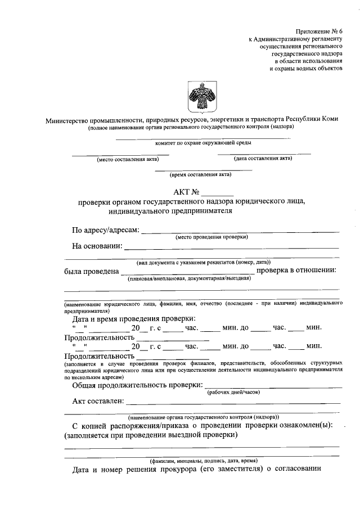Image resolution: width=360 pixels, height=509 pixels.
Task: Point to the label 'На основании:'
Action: click(96, 245)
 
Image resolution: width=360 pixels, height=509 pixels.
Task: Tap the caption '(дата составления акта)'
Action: click(264, 159)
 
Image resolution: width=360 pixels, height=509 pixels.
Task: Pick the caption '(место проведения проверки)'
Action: click(211, 237)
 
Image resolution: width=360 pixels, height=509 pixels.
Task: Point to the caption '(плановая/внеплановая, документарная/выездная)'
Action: click(188, 278)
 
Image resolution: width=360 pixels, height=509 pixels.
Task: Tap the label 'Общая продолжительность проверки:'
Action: click(137, 385)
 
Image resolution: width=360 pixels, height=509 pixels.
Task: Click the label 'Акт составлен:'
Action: click(98, 401)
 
